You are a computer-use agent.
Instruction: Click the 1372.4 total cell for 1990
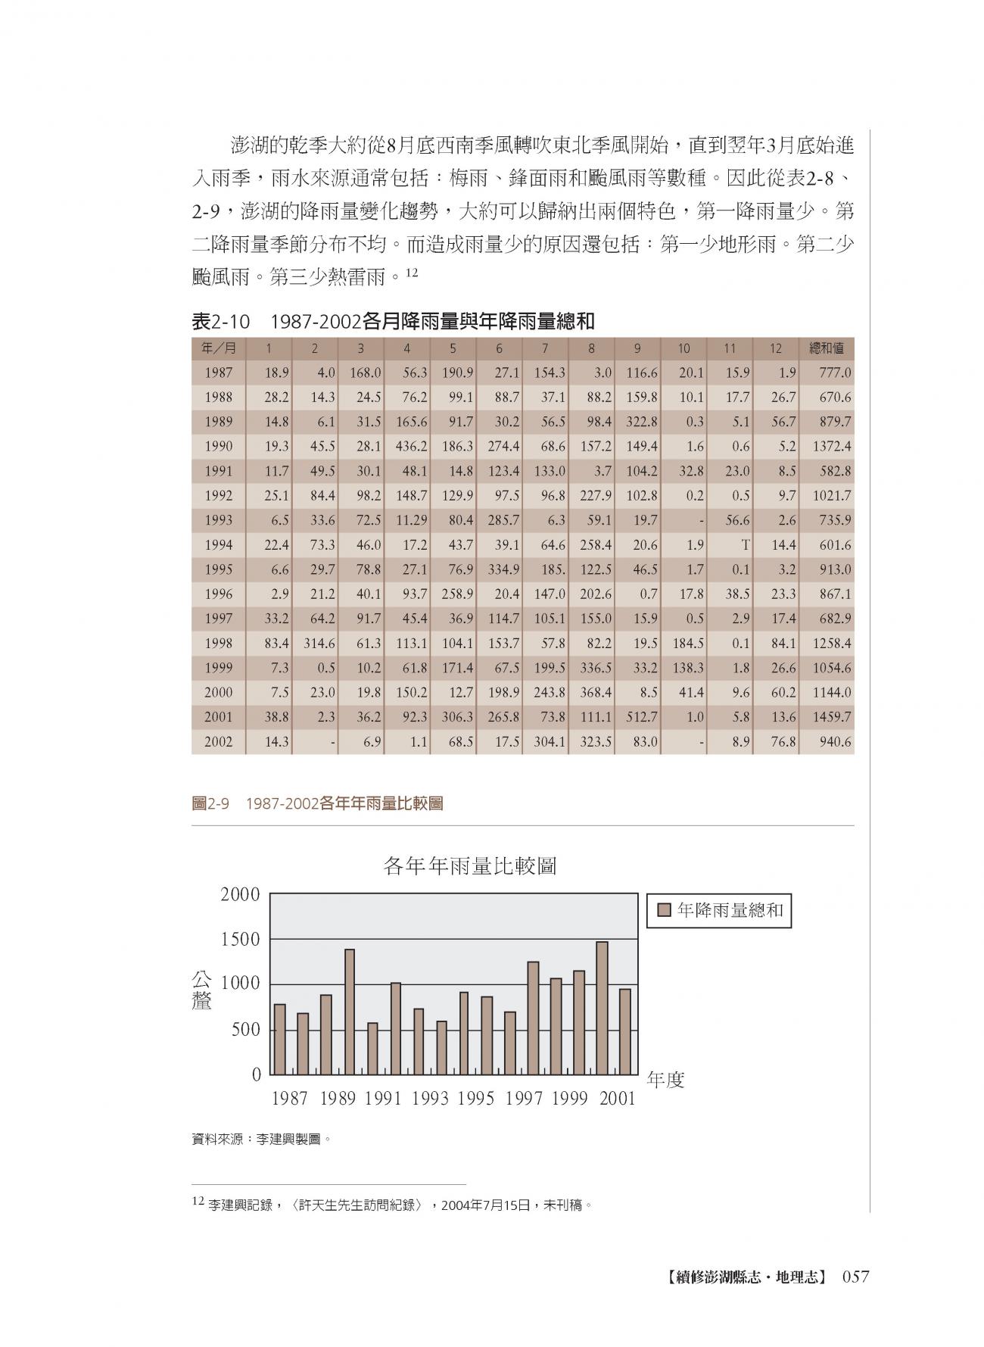pos(831,447)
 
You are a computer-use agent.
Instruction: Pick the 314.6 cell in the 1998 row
pos(319,644)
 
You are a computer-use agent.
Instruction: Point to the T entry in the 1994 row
pos(745,545)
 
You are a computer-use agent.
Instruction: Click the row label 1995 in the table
pos(218,569)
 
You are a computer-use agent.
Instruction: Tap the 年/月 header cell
pos(218,348)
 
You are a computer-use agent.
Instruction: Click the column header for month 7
pos(545,348)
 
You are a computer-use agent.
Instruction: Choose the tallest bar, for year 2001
pos(602,1008)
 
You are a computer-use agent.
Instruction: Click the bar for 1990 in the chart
pos(350,1012)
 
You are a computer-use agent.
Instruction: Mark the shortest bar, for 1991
pos(372,1049)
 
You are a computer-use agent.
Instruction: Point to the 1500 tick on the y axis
pos(240,940)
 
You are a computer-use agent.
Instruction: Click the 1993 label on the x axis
pos(430,1099)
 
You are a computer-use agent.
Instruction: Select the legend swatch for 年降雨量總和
pos(665,911)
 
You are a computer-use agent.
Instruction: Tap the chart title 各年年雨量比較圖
pos(470,866)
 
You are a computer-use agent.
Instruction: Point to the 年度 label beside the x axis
pos(666,1080)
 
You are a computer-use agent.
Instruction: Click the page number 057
pos(856,1277)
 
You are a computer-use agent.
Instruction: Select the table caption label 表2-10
pos(220,322)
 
